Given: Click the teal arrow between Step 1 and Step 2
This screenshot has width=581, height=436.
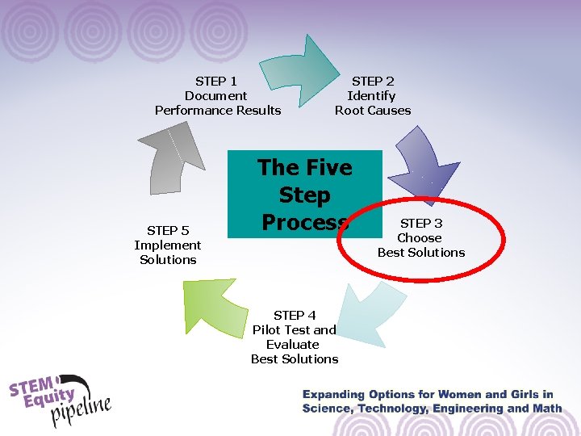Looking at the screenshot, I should [303, 71].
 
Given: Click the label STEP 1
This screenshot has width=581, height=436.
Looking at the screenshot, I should [216, 81].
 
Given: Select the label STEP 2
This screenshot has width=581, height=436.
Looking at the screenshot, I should [373, 81].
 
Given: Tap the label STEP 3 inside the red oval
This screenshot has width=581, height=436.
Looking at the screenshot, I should [421, 223].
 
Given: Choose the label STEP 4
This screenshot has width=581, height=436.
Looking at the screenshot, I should [295, 315].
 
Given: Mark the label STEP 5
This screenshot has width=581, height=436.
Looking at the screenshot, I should [168, 230].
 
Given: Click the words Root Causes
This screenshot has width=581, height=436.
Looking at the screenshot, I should [373, 110].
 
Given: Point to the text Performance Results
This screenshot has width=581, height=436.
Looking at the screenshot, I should [218, 110].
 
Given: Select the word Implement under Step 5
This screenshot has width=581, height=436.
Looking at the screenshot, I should [168, 245].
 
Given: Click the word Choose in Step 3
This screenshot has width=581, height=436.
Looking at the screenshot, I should [420, 237].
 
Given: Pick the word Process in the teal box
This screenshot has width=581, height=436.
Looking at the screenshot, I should [304, 223].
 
